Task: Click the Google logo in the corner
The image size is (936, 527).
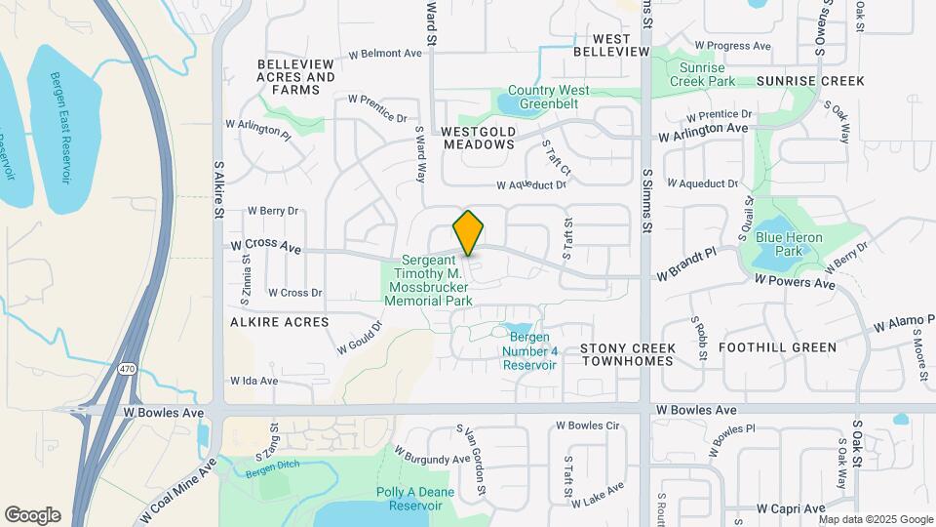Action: [x=32, y=515]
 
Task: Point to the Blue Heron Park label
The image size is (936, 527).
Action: [x=789, y=244]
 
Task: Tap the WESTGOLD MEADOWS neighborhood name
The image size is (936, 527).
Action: [x=478, y=137]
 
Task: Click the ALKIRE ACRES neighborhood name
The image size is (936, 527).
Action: [x=280, y=321]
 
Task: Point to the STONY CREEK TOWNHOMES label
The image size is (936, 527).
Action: [x=627, y=354]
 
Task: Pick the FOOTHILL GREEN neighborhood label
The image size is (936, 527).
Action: [x=777, y=347]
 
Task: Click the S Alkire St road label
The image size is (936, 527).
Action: [x=218, y=190]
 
